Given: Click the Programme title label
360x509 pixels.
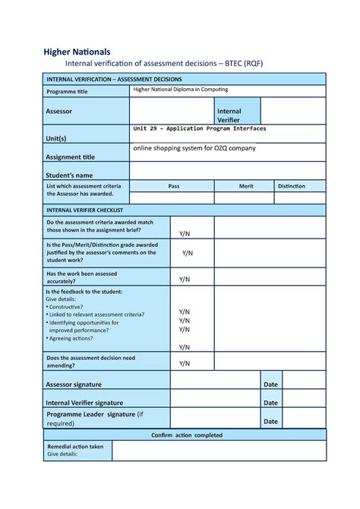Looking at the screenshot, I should [72, 92].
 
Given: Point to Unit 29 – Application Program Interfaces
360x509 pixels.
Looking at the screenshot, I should [199, 129].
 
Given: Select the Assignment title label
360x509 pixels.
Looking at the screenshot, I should [71, 157].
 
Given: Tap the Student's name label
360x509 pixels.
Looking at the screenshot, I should [70, 175].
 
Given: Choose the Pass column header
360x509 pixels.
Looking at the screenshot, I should [173, 185].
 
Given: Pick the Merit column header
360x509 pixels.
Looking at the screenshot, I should [246, 185].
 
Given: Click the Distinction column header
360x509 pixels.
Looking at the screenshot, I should [292, 185].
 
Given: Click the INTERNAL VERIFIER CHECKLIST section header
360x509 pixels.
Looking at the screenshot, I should [85, 209].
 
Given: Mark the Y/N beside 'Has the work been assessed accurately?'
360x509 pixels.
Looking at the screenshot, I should [185, 279].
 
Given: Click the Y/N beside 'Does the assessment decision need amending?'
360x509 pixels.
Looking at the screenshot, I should [185, 363].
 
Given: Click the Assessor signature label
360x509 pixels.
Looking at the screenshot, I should [74, 384].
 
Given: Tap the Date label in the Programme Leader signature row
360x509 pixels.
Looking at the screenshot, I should [270, 421].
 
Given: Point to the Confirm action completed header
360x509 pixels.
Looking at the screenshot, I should [187, 435].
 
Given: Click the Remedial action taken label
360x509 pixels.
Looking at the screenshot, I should [75, 447].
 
